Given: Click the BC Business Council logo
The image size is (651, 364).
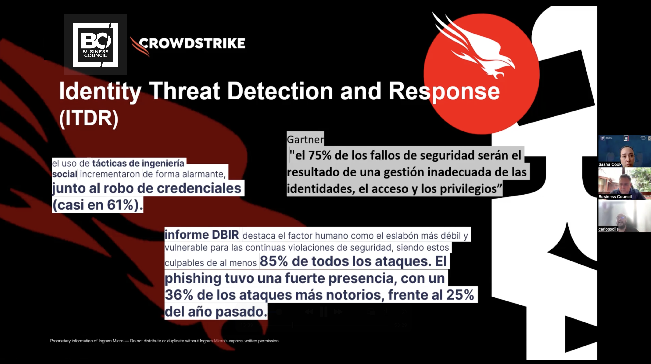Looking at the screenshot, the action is point(95,45).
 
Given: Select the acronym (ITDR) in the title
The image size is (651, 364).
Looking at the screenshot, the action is point(89,118).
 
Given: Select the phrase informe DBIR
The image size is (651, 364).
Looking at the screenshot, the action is point(202,235).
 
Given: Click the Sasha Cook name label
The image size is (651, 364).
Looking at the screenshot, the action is point(610,164).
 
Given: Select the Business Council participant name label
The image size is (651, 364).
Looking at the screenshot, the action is point(615,196).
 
